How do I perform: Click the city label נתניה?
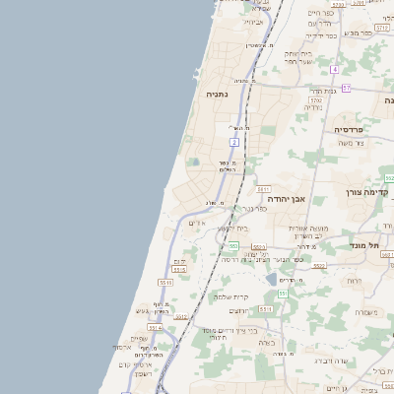pos(218,96)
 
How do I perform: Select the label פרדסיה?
pos(349,129)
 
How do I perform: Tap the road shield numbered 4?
pos(334,70)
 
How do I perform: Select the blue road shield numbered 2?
pos(234,142)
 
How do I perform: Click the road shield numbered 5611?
pos(263,187)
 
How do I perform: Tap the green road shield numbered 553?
pos(232,245)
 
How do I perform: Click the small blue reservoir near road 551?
pos(271,280)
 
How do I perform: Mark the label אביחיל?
pos(253,21)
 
